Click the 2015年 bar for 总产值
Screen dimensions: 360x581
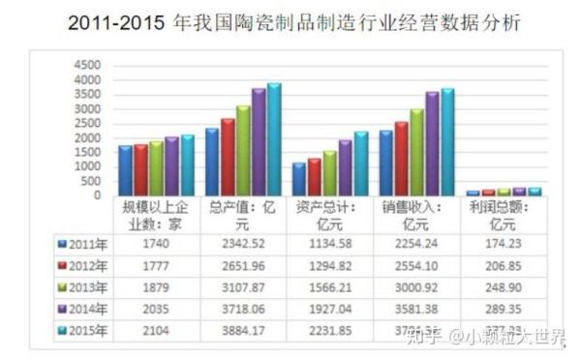point(274,139)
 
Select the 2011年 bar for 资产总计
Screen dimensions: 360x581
point(298,179)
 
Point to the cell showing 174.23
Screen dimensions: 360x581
point(507,245)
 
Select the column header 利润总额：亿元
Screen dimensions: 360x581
point(507,215)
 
